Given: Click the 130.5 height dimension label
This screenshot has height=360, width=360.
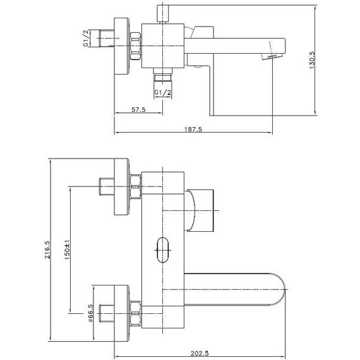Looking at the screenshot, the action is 313,60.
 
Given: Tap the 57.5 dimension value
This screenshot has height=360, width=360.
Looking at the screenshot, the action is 138,109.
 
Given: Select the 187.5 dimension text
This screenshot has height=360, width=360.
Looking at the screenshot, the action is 193,129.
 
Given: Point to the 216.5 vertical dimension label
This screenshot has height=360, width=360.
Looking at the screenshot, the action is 47,249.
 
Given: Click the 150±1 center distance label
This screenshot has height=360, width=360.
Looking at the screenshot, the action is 67,250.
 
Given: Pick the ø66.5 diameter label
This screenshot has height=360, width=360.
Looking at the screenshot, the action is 91,313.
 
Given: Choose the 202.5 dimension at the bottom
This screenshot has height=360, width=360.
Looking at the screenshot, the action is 200,353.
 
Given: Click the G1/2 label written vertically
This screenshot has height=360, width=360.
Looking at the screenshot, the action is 86,38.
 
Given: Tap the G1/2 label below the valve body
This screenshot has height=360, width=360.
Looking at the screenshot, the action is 163,92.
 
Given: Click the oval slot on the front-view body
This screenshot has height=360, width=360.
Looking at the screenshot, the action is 163,250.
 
